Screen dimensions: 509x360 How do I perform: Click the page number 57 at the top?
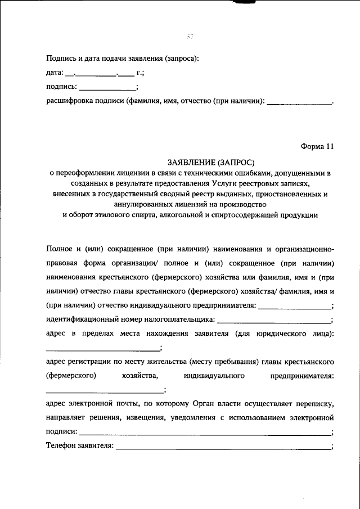(190, 37)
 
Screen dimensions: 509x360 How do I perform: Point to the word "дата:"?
(55, 73)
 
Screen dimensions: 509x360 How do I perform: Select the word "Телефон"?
(60, 446)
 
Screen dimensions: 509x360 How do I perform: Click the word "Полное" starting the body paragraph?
(58, 249)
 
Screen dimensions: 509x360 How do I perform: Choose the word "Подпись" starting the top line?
(61, 57)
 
